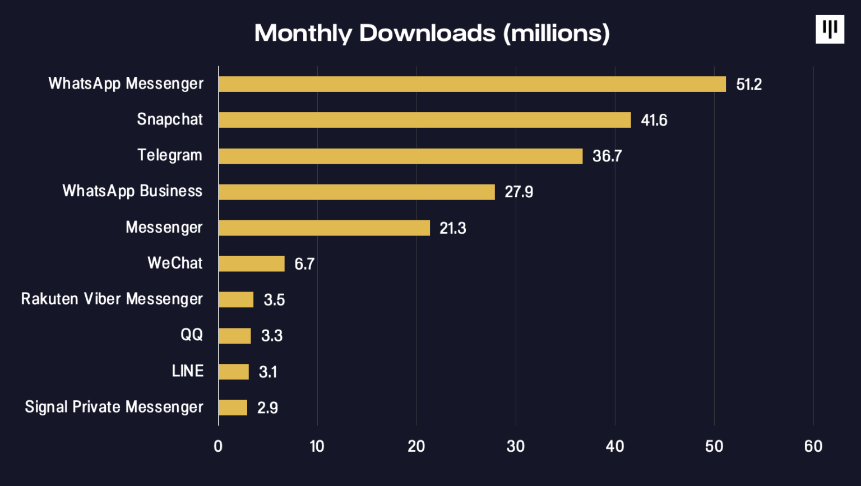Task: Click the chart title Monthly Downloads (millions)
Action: pyautogui.click(x=432, y=33)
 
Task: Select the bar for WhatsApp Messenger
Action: pyautogui.click(x=472, y=84)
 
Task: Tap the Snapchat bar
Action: pyautogui.click(x=424, y=120)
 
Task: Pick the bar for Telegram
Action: pyautogui.click(x=400, y=156)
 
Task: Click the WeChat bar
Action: pyautogui.click(x=252, y=263)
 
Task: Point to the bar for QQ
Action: pyautogui.click(x=235, y=336)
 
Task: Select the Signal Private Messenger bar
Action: pyautogui.click(x=233, y=408)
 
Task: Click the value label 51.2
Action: pyautogui.click(x=749, y=85)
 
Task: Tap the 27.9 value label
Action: pyautogui.click(x=519, y=192)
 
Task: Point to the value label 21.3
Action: pyautogui.click(x=452, y=228)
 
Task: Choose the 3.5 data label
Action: pyautogui.click(x=274, y=300)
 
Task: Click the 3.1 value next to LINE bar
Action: pyautogui.click(x=268, y=372)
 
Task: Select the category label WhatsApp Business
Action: pyautogui.click(x=132, y=191)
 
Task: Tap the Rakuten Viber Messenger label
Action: pyautogui.click(x=112, y=299)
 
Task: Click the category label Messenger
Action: pyautogui.click(x=164, y=228)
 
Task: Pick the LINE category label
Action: pyautogui.click(x=188, y=371)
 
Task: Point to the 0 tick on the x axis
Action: pyautogui.click(x=218, y=446)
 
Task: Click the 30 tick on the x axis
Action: pyautogui.click(x=515, y=446)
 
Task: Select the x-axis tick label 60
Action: pyautogui.click(x=813, y=446)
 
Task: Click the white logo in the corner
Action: pyautogui.click(x=830, y=29)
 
